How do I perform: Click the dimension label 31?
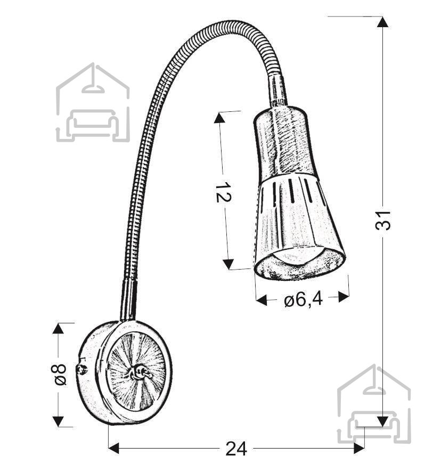[x=383, y=221]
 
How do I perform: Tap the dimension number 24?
[x=236, y=449]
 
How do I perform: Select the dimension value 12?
[x=223, y=192]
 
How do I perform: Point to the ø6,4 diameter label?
[x=303, y=299]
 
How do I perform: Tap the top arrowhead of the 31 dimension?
[x=382, y=22]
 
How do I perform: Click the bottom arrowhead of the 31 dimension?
[x=382, y=421]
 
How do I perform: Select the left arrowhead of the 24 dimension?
[x=114, y=448]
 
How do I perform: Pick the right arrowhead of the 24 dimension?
[x=359, y=448]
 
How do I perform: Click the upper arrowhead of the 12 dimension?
[x=219, y=117]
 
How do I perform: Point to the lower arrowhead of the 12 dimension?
[x=229, y=264]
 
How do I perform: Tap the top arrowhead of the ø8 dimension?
[x=58, y=328]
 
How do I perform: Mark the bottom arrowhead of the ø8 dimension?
[x=58, y=421]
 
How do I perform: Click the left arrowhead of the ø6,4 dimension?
[x=262, y=300]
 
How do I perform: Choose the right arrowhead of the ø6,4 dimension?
[x=344, y=297]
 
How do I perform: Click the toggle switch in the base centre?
[x=140, y=372]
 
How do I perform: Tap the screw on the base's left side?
[x=82, y=369]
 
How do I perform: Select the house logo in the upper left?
[x=93, y=102]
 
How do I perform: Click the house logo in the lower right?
[x=374, y=404]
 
